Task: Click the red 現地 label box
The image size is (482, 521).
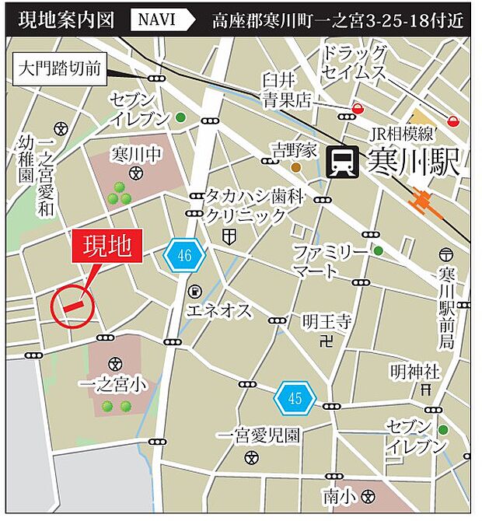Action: (107, 247)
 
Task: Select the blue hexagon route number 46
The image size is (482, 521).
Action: (184, 254)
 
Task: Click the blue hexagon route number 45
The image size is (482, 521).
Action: (295, 400)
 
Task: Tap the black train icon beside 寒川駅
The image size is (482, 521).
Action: (343, 163)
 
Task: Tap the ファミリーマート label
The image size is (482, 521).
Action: (327, 261)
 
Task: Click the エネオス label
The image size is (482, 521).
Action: (220, 312)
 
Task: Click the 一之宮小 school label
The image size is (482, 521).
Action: (114, 384)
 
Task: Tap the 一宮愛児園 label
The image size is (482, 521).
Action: (258, 435)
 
